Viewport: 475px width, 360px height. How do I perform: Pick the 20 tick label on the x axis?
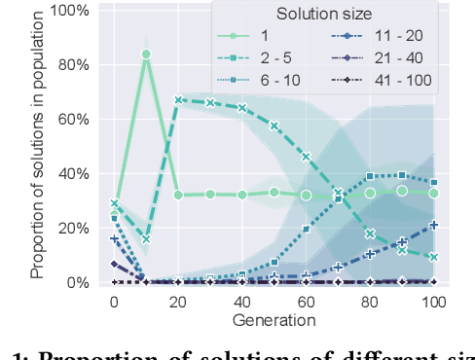[x=178, y=303]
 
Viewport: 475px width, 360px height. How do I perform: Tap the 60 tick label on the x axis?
[x=306, y=303]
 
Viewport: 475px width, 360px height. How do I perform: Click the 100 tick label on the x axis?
[x=434, y=303]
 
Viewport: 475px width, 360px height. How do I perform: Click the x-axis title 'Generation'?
[x=274, y=320]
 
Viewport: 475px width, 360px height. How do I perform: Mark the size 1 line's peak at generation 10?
[x=146, y=54]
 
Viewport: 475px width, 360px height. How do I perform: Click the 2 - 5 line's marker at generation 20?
[x=178, y=100]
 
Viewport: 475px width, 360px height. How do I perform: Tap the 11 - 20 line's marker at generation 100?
[x=434, y=225]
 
